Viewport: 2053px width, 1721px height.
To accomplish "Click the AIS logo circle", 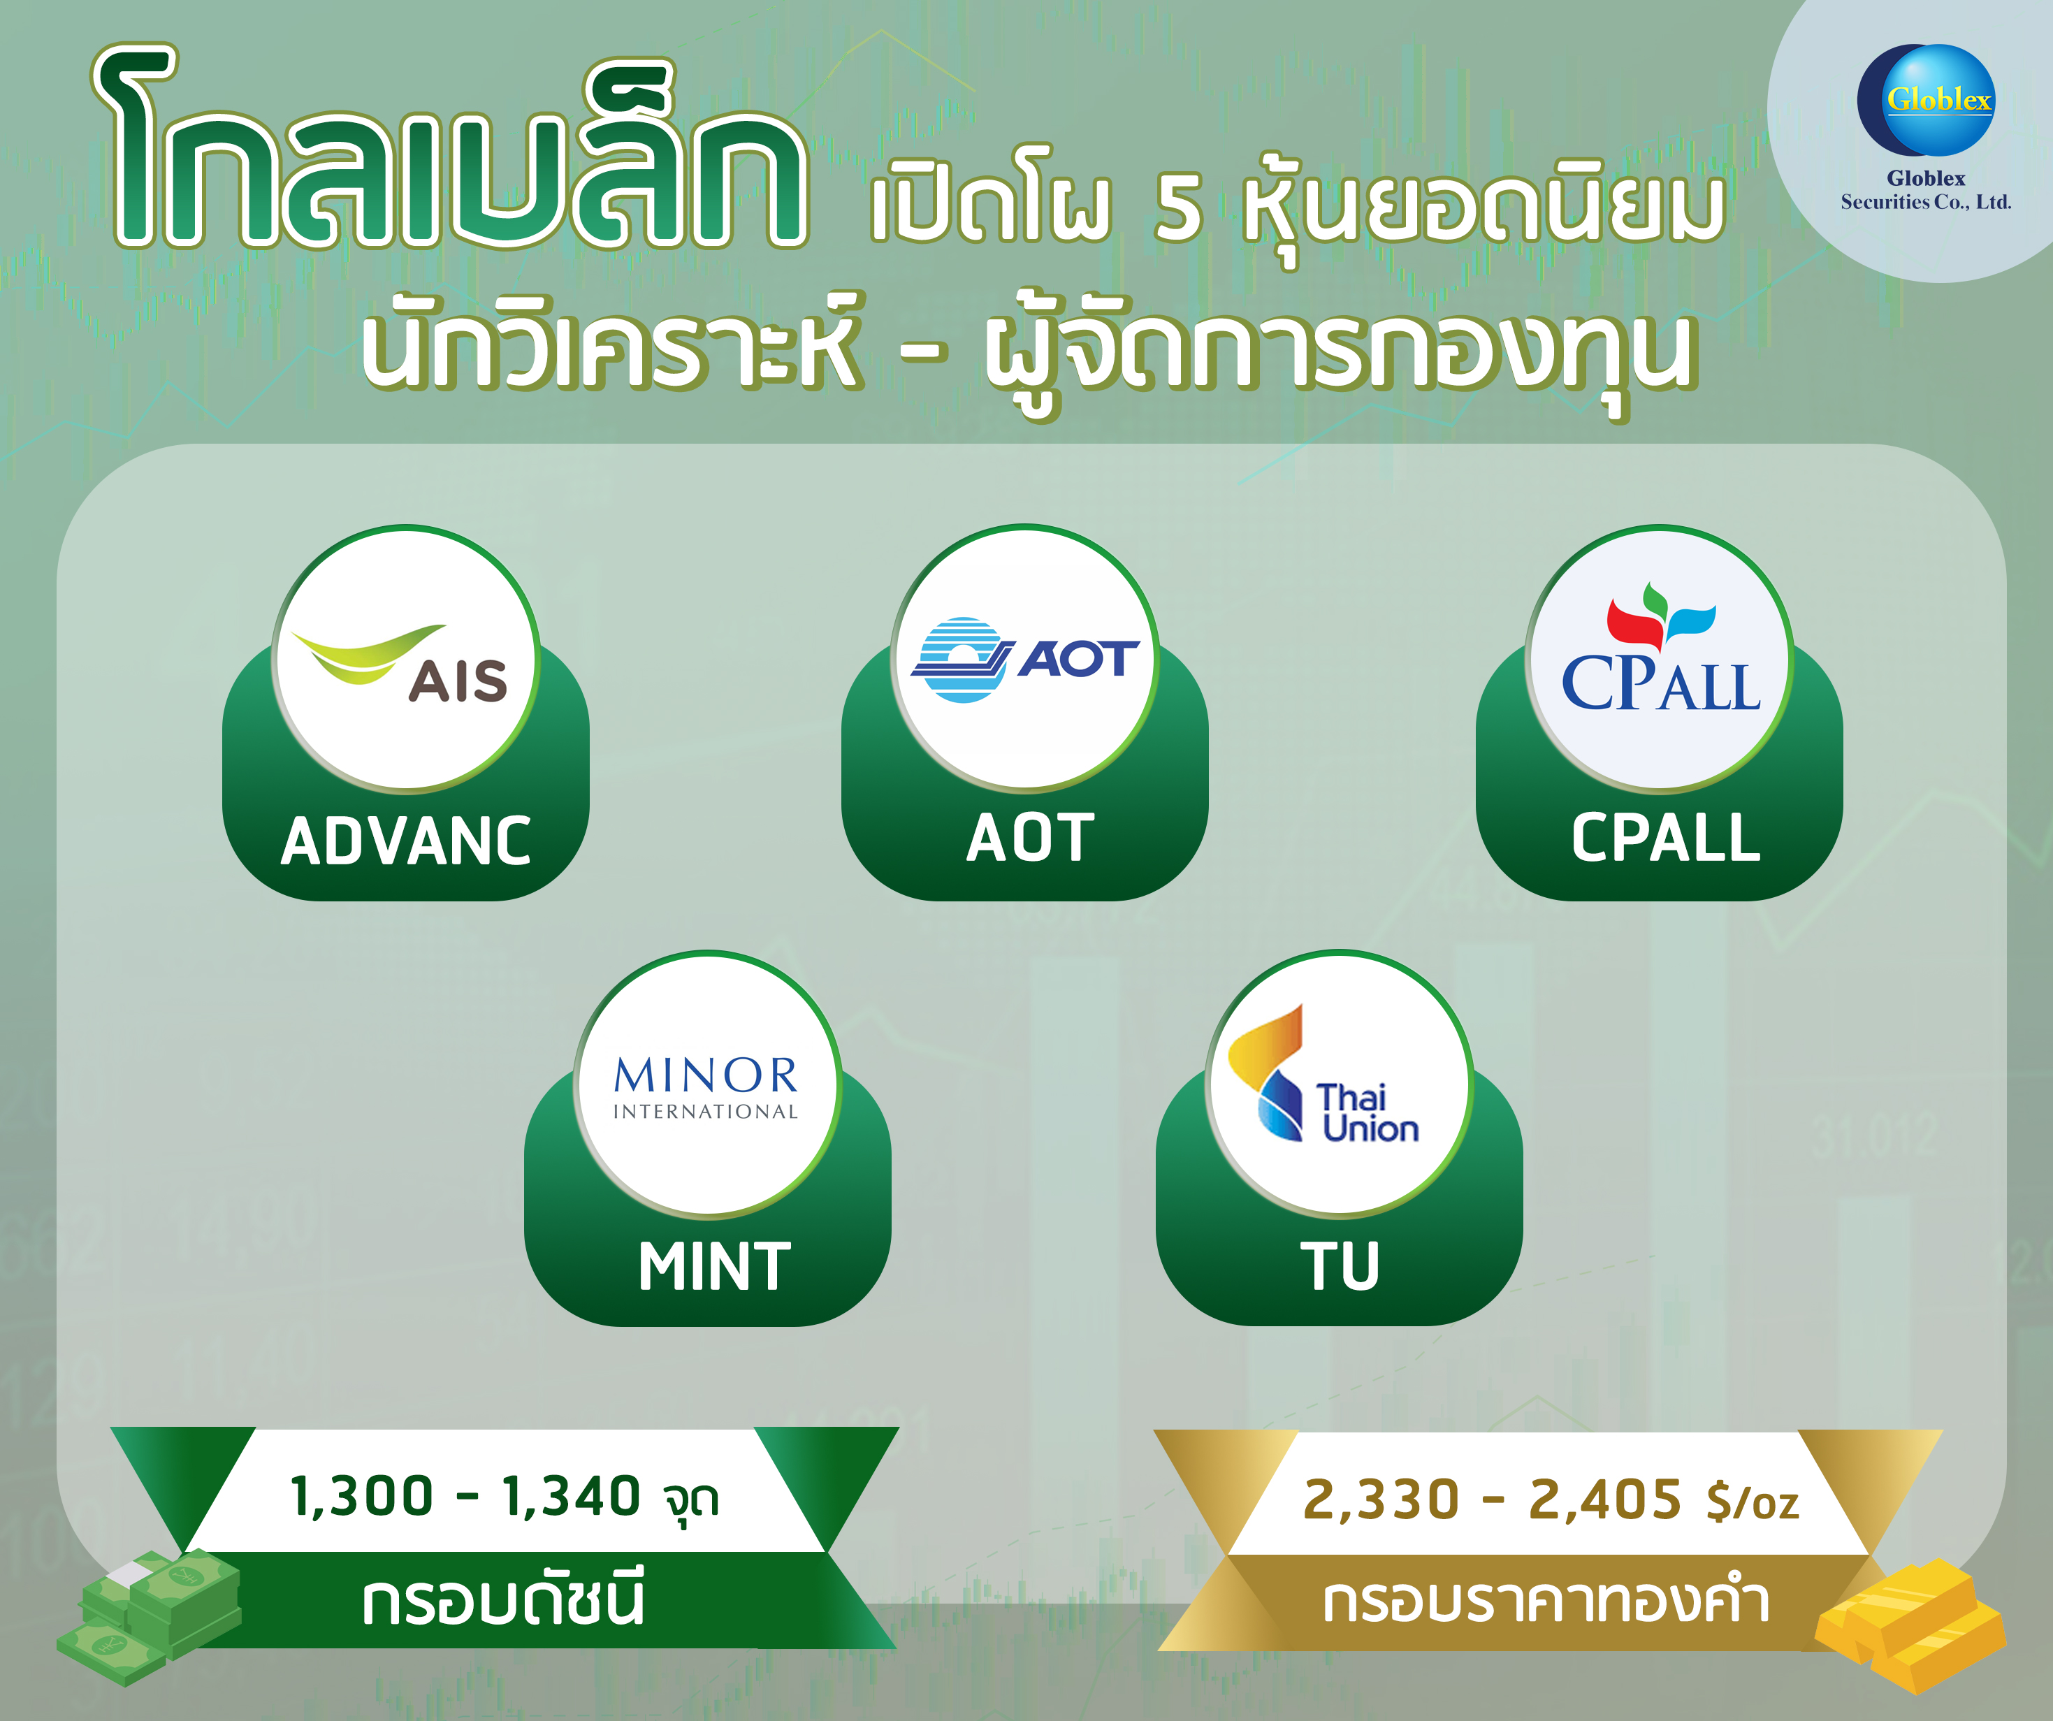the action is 407,659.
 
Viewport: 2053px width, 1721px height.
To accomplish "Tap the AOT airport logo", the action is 1026,658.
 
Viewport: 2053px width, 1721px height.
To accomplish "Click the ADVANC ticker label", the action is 406,842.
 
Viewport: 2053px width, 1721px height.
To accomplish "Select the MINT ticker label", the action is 715,1268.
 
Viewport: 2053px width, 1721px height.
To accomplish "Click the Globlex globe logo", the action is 1925,100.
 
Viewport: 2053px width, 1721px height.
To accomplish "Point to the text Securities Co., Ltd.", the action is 1925,203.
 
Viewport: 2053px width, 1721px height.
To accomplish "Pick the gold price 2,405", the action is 1605,1500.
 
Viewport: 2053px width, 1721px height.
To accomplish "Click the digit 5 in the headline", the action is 1178,208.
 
